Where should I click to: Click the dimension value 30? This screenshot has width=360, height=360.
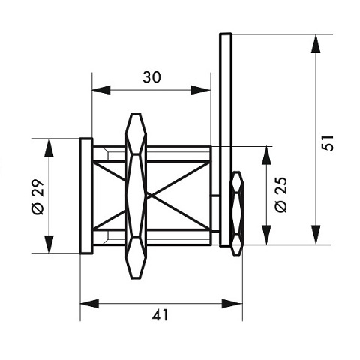[151, 76]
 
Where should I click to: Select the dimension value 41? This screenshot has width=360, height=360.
[160, 315]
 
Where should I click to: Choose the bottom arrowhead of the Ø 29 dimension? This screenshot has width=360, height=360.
[49, 247]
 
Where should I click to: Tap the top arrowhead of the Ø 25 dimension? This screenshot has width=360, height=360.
[265, 153]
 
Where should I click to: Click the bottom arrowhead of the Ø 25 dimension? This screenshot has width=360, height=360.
[265, 238]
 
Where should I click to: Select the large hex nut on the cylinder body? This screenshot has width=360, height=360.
[136, 195]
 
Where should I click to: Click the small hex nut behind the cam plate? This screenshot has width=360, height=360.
[236, 213]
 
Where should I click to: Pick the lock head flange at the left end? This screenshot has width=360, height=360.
[85, 196]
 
